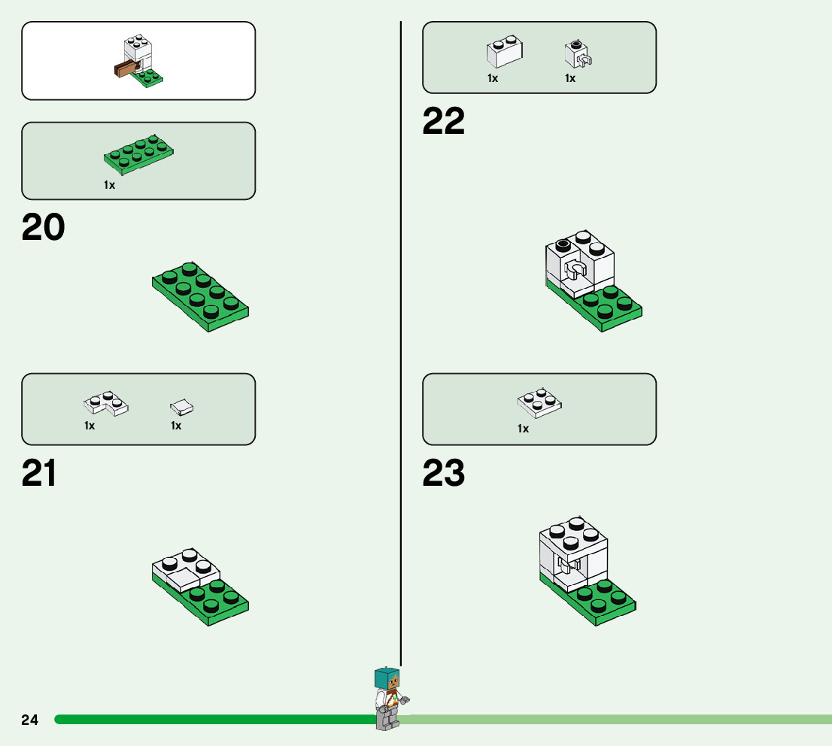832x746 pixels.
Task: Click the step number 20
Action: click(43, 227)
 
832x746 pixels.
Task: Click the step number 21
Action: click(39, 473)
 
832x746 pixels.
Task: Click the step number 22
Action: click(443, 121)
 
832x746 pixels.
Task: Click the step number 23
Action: click(443, 473)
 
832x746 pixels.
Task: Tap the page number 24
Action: click(29, 720)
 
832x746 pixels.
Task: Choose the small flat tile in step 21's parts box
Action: click(182, 408)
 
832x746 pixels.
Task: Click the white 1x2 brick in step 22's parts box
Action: click(504, 52)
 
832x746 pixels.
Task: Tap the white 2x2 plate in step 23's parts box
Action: click(540, 403)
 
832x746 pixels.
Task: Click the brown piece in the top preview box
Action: click(126, 70)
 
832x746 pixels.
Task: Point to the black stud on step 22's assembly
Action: click(562, 244)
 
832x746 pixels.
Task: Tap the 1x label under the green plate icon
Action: click(110, 185)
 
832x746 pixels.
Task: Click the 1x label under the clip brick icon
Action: click(570, 78)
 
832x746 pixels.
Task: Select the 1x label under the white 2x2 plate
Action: click(523, 429)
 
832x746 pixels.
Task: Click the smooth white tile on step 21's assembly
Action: click(181, 579)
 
